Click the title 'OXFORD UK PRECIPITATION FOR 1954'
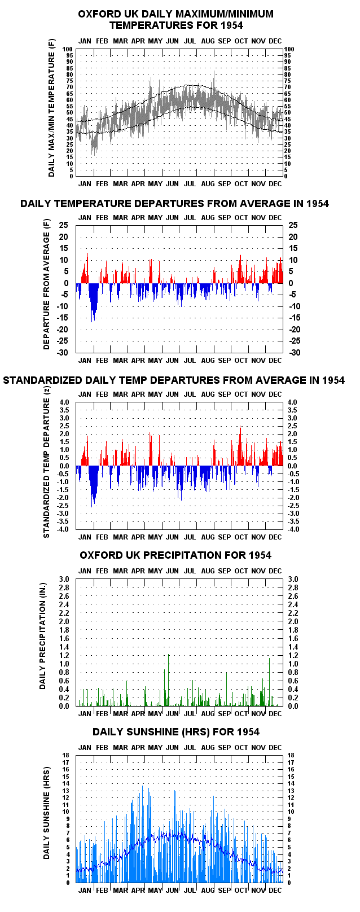click(x=175, y=555)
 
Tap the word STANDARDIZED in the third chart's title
click(x=43, y=380)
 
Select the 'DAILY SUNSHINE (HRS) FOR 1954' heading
click(x=176, y=732)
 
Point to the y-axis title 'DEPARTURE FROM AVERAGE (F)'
click(x=46, y=284)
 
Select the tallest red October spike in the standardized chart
click(x=240, y=445)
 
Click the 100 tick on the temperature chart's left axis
click(x=68, y=49)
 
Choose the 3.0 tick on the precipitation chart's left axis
click(x=64, y=580)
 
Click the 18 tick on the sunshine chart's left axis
click(x=66, y=755)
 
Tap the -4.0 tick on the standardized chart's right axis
click(x=293, y=529)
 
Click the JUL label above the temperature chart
click(x=190, y=41)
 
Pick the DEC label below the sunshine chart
click(x=275, y=891)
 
